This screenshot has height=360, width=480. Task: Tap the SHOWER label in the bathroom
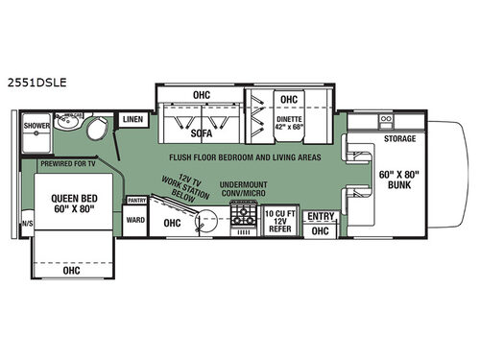pos(36,126)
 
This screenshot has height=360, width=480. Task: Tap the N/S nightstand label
pos(25,227)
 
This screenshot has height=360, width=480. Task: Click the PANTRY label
pos(135,201)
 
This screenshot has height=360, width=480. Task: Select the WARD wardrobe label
pos(135,220)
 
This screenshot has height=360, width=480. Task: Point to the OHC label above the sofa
pos(200,95)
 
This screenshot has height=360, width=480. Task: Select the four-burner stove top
pos(244,223)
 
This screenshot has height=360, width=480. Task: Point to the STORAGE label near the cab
pos(398,139)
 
